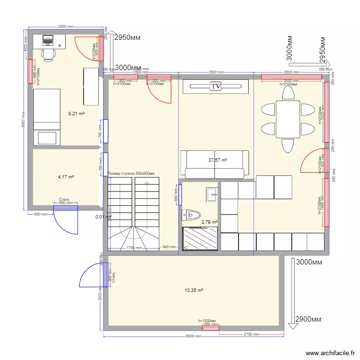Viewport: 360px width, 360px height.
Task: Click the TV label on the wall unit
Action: pyautogui.click(x=216, y=86)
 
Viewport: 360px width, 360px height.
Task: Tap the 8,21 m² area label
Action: pyautogui.click(x=76, y=114)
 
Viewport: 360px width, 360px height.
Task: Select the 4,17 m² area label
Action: pyautogui.click(x=66, y=177)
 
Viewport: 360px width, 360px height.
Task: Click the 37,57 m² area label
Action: pyautogui.click(x=217, y=160)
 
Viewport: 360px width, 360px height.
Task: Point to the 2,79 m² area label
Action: pyautogui.click(x=209, y=222)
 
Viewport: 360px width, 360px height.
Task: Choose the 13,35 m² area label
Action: pyautogui.click(x=194, y=290)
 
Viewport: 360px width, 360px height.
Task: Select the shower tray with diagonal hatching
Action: pyautogui.click(x=200, y=239)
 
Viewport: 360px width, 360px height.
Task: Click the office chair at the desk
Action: pyautogui.click(x=48, y=54)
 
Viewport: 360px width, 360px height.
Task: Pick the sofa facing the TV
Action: pyautogui.click(x=215, y=164)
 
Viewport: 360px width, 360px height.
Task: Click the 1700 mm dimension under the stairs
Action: pyautogui.click(x=134, y=248)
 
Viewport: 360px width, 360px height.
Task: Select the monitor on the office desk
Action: pyautogui.click(x=48, y=38)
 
